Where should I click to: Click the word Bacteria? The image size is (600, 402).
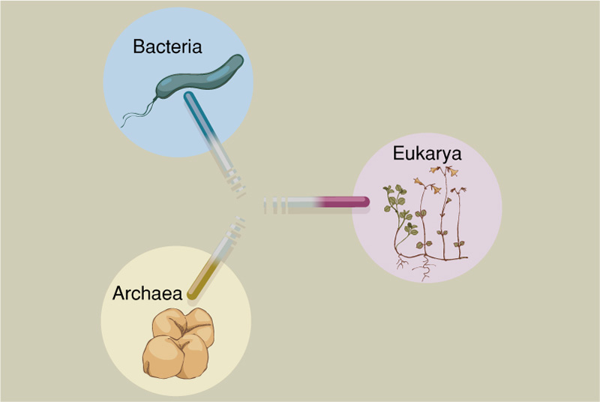167,46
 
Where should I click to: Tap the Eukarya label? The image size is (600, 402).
427,154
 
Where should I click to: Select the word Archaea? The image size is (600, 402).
147,293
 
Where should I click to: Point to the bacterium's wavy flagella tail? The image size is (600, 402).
139,112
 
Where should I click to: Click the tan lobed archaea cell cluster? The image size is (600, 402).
178,343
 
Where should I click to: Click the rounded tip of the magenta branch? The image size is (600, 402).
365,202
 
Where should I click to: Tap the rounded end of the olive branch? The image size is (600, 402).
192,295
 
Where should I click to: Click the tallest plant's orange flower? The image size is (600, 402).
452,171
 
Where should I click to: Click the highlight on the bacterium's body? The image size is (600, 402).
219,73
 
